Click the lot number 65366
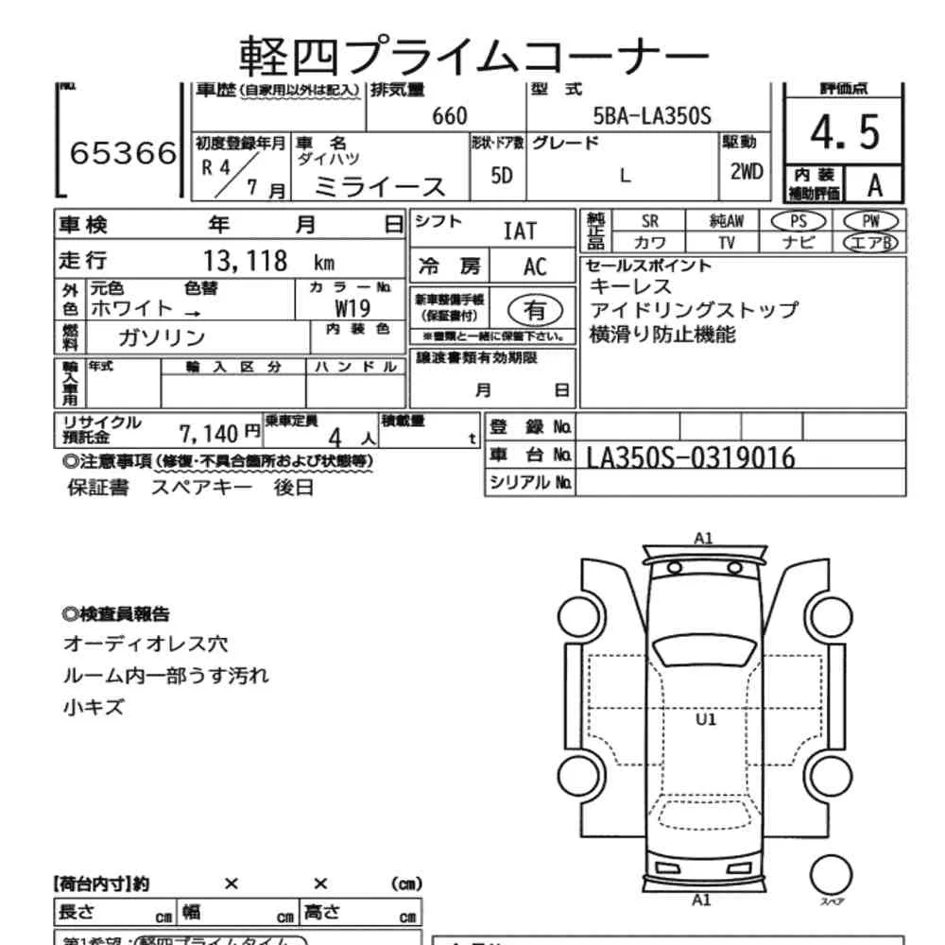click(123, 154)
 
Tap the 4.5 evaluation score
click(844, 131)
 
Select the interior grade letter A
click(874, 184)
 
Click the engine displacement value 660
click(449, 116)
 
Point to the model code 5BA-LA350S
click(651, 116)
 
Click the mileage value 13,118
click(245, 262)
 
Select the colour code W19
click(352, 308)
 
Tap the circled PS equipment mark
click(799, 220)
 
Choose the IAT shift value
click(519, 231)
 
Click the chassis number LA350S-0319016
click(691, 458)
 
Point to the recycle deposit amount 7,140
click(212, 434)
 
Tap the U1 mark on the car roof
click(706, 719)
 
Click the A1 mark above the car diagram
click(703, 539)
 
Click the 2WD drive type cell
click(746, 173)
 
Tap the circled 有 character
click(535, 309)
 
